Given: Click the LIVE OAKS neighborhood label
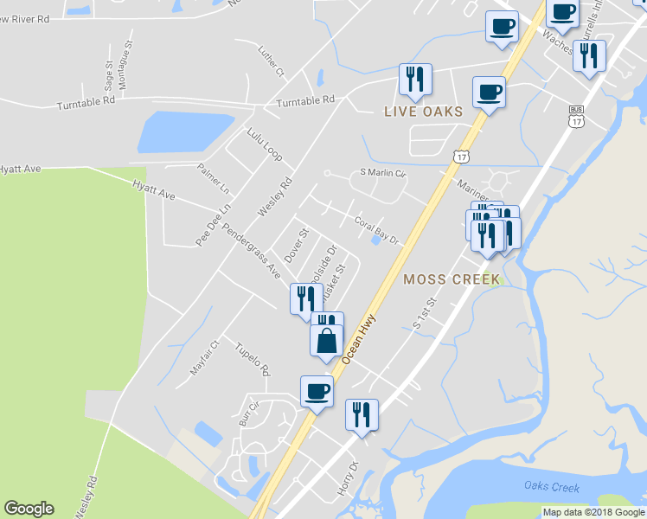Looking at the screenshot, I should [x=424, y=112].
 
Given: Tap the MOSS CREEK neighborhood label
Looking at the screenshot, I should [x=451, y=279].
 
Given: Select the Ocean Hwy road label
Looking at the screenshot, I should [x=362, y=338].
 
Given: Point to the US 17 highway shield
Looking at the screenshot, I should [x=460, y=156].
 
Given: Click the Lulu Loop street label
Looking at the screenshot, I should [x=264, y=144].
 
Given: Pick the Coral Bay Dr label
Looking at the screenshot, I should [x=376, y=229].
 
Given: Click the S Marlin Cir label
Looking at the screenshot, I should [x=382, y=173].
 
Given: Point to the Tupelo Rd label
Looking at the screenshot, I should [x=253, y=359].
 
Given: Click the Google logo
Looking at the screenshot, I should [x=29, y=509].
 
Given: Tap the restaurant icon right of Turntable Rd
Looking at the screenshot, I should [x=415, y=80].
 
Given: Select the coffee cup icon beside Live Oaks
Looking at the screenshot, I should [x=489, y=93].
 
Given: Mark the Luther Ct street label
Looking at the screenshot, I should [x=271, y=62].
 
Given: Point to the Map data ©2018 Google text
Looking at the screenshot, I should [x=593, y=512].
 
